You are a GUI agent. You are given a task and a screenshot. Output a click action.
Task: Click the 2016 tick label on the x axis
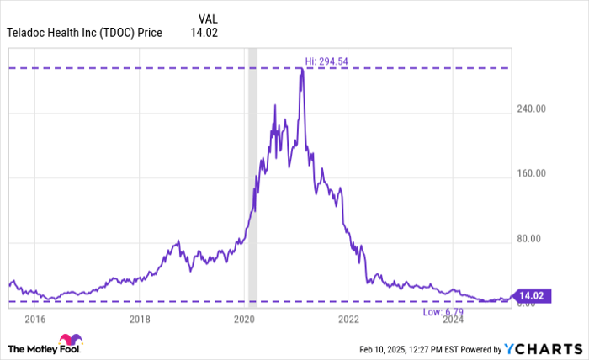[34, 319]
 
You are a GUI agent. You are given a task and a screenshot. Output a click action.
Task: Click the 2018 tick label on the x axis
[140, 319]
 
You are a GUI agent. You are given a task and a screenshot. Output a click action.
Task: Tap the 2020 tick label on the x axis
[244, 319]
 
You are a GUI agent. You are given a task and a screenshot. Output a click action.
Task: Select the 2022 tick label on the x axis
[348, 319]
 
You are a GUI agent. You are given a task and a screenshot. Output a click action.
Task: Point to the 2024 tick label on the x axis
[453, 319]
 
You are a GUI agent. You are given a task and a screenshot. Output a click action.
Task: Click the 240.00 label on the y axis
[530, 109]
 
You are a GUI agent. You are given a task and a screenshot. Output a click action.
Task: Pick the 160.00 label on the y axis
[530, 173]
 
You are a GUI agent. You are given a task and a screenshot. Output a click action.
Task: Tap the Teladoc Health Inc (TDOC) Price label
[84, 34]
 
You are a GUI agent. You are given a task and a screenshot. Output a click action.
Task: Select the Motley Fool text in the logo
[34, 348]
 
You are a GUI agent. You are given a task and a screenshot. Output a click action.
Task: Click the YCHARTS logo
[543, 348]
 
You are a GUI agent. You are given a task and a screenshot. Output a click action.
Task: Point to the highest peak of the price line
[300, 69]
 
